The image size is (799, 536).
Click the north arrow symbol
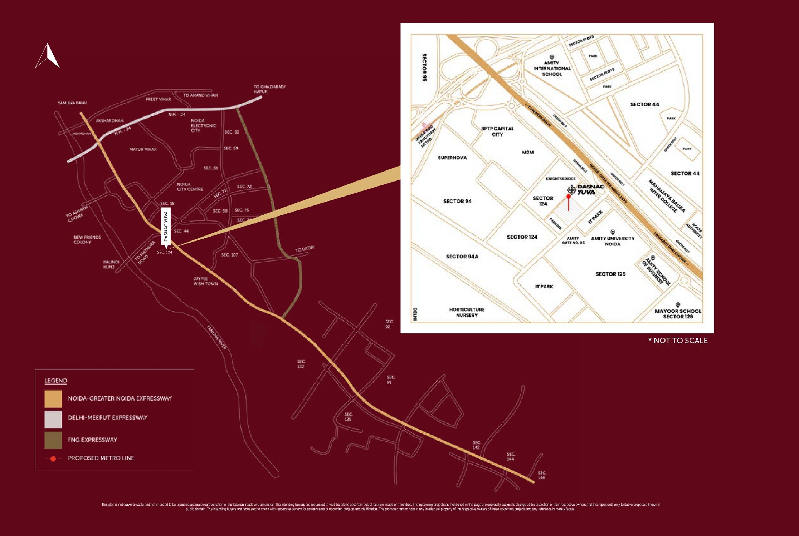pyautogui.click(x=48, y=56)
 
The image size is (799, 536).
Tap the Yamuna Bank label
pyautogui.click(x=72, y=103)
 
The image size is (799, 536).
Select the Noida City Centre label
pyautogui.click(x=190, y=187)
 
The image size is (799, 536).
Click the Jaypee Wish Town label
pyautogui.click(x=205, y=281)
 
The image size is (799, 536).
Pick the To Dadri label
pyautogui.click(x=305, y=249)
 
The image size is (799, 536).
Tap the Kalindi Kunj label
pyautogui.click(x=111, y=264)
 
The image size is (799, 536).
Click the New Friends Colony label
pyautogui.click(x=87, y=240)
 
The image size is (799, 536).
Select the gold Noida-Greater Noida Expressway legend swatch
pyautogui.click(x=53, y=399)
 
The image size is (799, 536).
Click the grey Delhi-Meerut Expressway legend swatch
pyautogui.click(x=53, y=419)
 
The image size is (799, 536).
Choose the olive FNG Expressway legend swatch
pyautogui.click(x=53, y=440)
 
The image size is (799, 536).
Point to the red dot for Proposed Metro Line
pyautogui.click(x=53, y=458)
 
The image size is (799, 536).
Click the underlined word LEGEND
pyautogui.click(x=55, y=381)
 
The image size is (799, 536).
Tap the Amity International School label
pyautogui.click(x=552, y=69)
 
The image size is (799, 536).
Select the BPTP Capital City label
pyautogui.click(x=497, y=131)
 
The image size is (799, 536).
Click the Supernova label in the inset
pyautogui.click(x=452, y=158)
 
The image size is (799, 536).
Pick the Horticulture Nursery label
pyautogui.click(x=467, y=312)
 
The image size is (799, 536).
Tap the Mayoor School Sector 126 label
pyautogui.click(x=678, y=313)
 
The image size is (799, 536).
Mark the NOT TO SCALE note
pyautogui.click(x=678, y=341)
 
